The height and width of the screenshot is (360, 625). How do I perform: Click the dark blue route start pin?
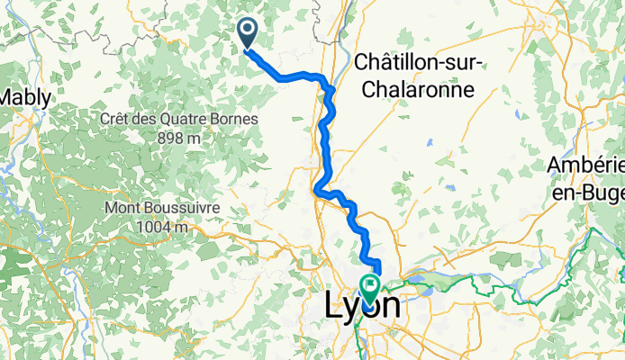(247, 33)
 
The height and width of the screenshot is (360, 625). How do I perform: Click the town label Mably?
(26, 96)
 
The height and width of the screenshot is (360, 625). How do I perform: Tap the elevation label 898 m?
(177, 139)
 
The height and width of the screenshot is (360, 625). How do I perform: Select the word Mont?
(124, 207)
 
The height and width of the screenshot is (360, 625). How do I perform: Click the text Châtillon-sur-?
(421, 61)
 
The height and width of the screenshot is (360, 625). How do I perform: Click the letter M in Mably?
(8, 96)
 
